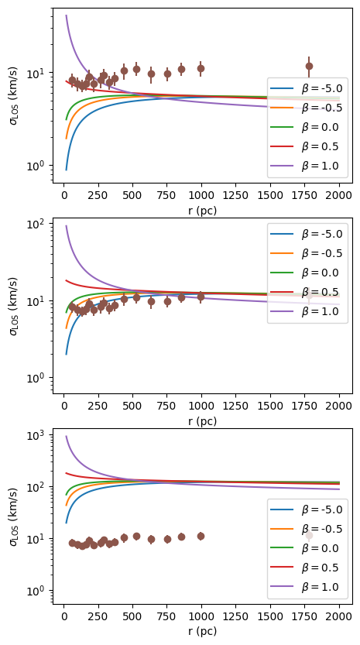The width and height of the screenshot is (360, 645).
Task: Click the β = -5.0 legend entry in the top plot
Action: [310, 89]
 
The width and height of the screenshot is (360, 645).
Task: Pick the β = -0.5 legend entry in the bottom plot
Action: [310, 531]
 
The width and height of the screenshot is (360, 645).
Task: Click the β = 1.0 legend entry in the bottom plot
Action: [310, 587]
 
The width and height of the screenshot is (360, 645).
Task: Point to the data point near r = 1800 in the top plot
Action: [309, 67]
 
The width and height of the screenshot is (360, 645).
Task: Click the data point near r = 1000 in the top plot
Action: [201, 68]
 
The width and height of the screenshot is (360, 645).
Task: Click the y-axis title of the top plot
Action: [12, 97]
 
